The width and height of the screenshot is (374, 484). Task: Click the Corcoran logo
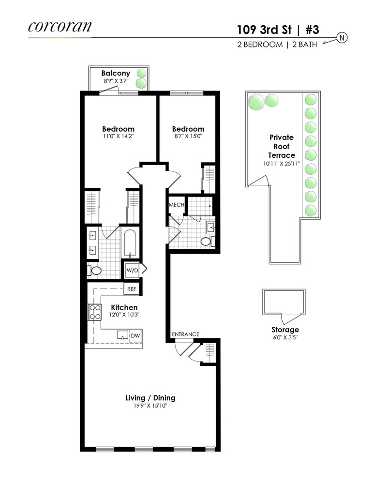[x=60, y=26]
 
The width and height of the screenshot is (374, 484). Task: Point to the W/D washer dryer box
[x=132, y=270]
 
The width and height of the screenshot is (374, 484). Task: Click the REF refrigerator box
[x=131, y=289]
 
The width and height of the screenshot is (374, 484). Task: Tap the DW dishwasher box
[x=135, y=335]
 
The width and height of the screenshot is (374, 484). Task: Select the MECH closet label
[x=176, y=205]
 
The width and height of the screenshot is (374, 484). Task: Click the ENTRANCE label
[x=186, y=334]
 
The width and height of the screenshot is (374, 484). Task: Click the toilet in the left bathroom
[x=95, y=271]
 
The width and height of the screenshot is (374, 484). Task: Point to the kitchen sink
[x=122, y=335]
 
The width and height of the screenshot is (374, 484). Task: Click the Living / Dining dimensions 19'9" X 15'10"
[x=150, y=406]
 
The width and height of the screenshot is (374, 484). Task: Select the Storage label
[x=284, y=330]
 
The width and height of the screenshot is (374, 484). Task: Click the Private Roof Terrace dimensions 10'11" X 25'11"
[x=282, y=164]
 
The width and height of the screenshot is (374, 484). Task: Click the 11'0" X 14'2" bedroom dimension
[x=118, y=137]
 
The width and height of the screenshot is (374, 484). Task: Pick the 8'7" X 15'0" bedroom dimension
[x=188, y=137]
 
